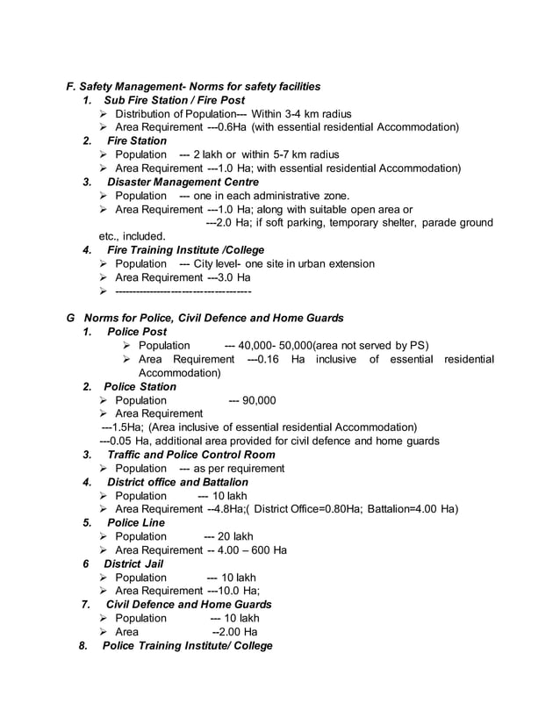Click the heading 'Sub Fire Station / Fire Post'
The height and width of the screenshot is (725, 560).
(x=174, y=100)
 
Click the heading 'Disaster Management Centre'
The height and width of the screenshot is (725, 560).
(x=183, y=182)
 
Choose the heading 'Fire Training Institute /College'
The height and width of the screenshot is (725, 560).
(x=184, y=250)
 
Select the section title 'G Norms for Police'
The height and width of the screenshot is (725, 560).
(x=132, y=318)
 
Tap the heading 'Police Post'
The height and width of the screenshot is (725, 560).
(x=136, y=332)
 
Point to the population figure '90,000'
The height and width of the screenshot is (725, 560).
(x=259, y=400)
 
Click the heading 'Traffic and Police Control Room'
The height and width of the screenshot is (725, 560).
(x=190, y=455)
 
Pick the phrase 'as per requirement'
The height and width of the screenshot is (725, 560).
(x=238, y=469)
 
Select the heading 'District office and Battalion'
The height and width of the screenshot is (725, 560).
(x=177, y=482)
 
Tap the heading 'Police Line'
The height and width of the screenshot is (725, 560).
(x=135, y=522)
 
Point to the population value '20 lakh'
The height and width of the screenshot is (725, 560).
(x=234, y=536)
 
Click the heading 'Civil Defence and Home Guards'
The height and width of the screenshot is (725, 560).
(x=189, y=604)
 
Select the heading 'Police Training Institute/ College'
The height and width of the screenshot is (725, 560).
(x=187, y=645)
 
